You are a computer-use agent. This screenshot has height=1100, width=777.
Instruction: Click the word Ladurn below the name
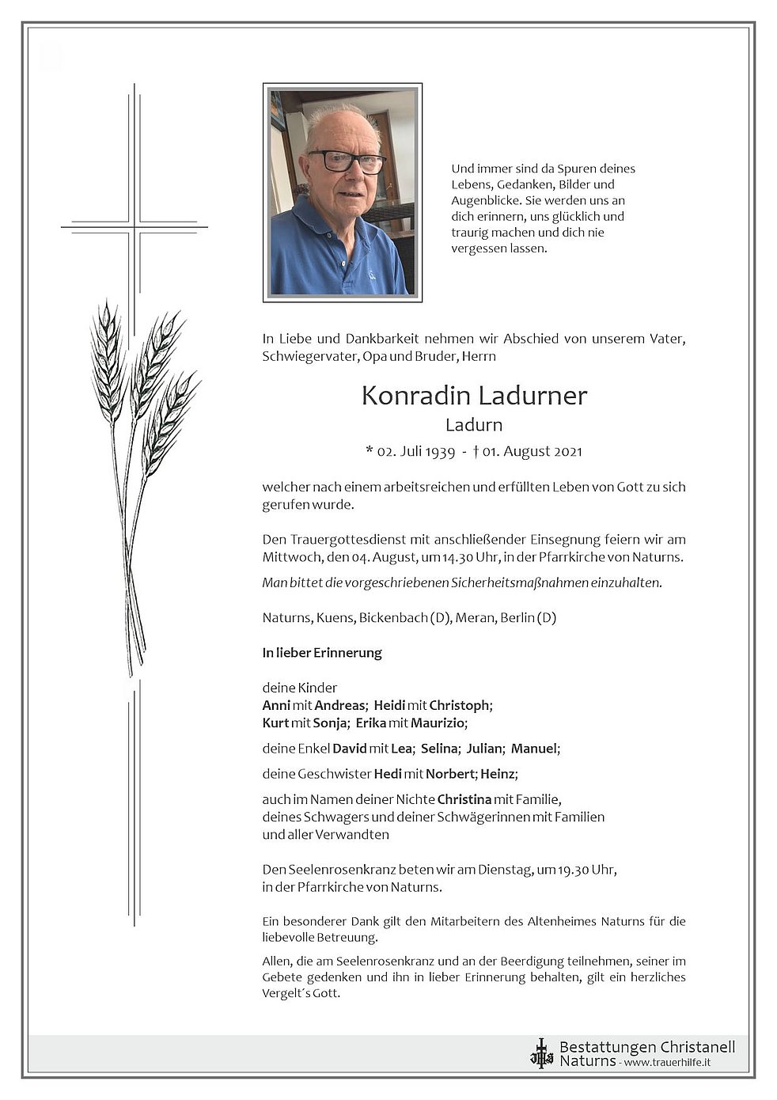pos(473,425)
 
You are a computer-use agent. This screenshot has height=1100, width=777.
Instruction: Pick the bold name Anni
pos(276,705)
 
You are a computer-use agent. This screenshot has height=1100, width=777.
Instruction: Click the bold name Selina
pos(439,748)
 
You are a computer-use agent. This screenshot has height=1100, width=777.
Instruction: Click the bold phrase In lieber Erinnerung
pos(322,653)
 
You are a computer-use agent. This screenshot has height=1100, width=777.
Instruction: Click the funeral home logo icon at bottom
pos(542,1053)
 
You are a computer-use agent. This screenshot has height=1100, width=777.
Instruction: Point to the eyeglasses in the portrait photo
pos(346,161)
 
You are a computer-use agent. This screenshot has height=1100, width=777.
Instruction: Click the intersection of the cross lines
pos(135,226)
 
